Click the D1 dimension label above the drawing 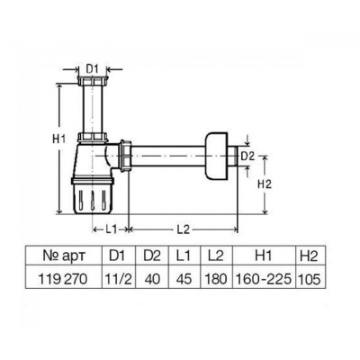point(93,69)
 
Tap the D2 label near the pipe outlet point(248,156)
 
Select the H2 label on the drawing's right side point(265,184)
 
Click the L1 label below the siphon point(111,229)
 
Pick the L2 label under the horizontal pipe point(183,229)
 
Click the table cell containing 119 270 point(63,279)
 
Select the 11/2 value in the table point(119,279)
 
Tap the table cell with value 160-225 point(263,279)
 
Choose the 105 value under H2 point(310,280)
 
